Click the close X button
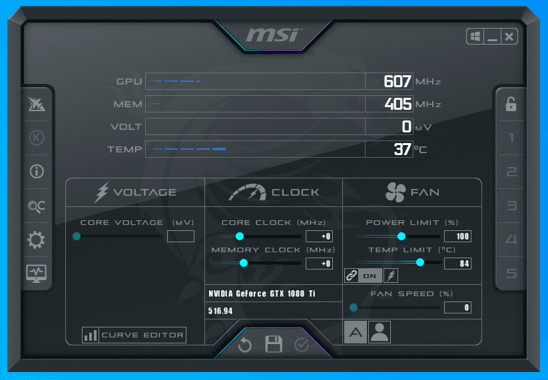(x=509, y=37)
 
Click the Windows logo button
(x=475, y=37)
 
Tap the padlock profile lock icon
(x=511, y=104)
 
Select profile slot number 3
(x=511, y=206)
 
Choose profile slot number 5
(x=511, y=274)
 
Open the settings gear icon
(x=36, y=240)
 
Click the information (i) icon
(x=36, y=171)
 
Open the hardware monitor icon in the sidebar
(x=36, y=273)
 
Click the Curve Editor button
(x=133, y=335)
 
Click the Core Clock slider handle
(x=240, y=236)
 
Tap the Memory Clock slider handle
(x=244, y=264)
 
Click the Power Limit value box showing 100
(x=457, y=236)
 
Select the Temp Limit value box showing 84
(x=457, y=264)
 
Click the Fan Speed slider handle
(x=354, y=307)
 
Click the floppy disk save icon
(x=274, y=344)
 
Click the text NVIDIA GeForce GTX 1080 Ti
(x=262, y=293)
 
